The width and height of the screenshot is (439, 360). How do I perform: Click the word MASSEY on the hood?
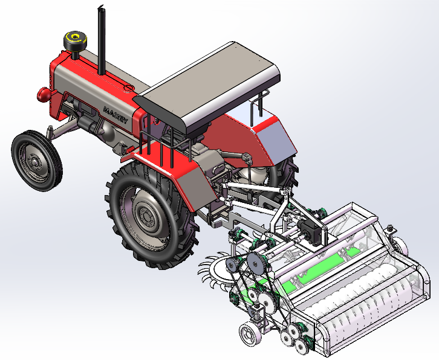pos(115,115)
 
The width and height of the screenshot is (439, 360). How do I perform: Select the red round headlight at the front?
pos(44,94)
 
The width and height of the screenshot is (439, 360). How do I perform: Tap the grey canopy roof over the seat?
pos(209,85)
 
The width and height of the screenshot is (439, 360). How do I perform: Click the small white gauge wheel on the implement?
pos(249,334)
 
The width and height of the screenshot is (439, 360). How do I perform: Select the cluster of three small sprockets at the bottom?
pos(295,335)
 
